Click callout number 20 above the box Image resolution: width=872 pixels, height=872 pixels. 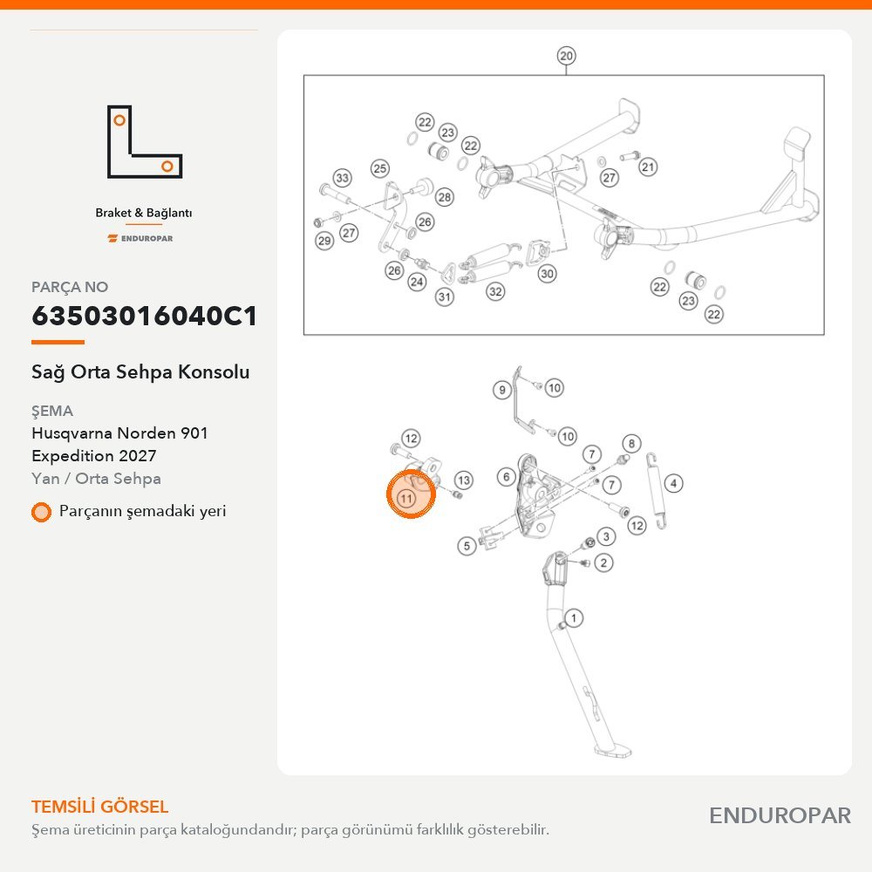[x=566, y=56]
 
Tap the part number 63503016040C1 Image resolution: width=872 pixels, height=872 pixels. [x=145, y=316]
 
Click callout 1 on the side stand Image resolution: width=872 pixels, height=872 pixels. [x=574, y=618]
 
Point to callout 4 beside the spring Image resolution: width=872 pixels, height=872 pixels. [x=673, y=483]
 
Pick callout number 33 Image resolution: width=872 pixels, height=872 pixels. [x=342, y=178]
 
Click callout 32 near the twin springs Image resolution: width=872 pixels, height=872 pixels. [x=495, y=291]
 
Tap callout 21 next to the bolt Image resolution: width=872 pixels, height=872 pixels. [x=648, y=167]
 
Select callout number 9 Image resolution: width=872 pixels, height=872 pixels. [x=502, y=390]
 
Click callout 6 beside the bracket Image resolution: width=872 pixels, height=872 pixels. [x=506, y=477]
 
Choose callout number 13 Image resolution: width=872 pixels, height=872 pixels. [x=464, y=480]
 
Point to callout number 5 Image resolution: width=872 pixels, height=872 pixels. [x=467, y=546]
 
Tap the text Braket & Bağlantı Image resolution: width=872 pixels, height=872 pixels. [x=144, y=213]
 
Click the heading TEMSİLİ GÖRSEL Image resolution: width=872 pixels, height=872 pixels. [x=100, y=807]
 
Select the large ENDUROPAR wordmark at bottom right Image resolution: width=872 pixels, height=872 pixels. [x=780, y=816]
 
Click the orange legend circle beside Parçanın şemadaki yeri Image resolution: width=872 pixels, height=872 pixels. [x=41, y=512]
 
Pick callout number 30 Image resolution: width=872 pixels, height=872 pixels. [x=548, y=274]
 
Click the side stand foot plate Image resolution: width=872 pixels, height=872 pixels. [x=613, y=752]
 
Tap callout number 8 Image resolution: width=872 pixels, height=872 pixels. [x=631, y=444]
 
